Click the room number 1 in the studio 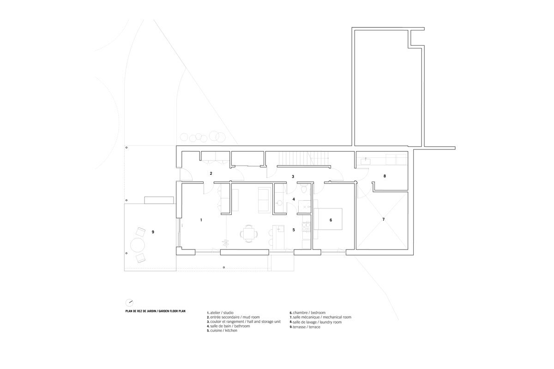coord(201,220)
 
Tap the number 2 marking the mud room coord(211,174)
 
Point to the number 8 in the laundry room coord(384,176)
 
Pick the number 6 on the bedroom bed coord(331,220)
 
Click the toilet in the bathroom coord(303,190)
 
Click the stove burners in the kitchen coord(305,226)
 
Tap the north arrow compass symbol coord(130,303)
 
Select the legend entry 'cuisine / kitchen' coord(223,331)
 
